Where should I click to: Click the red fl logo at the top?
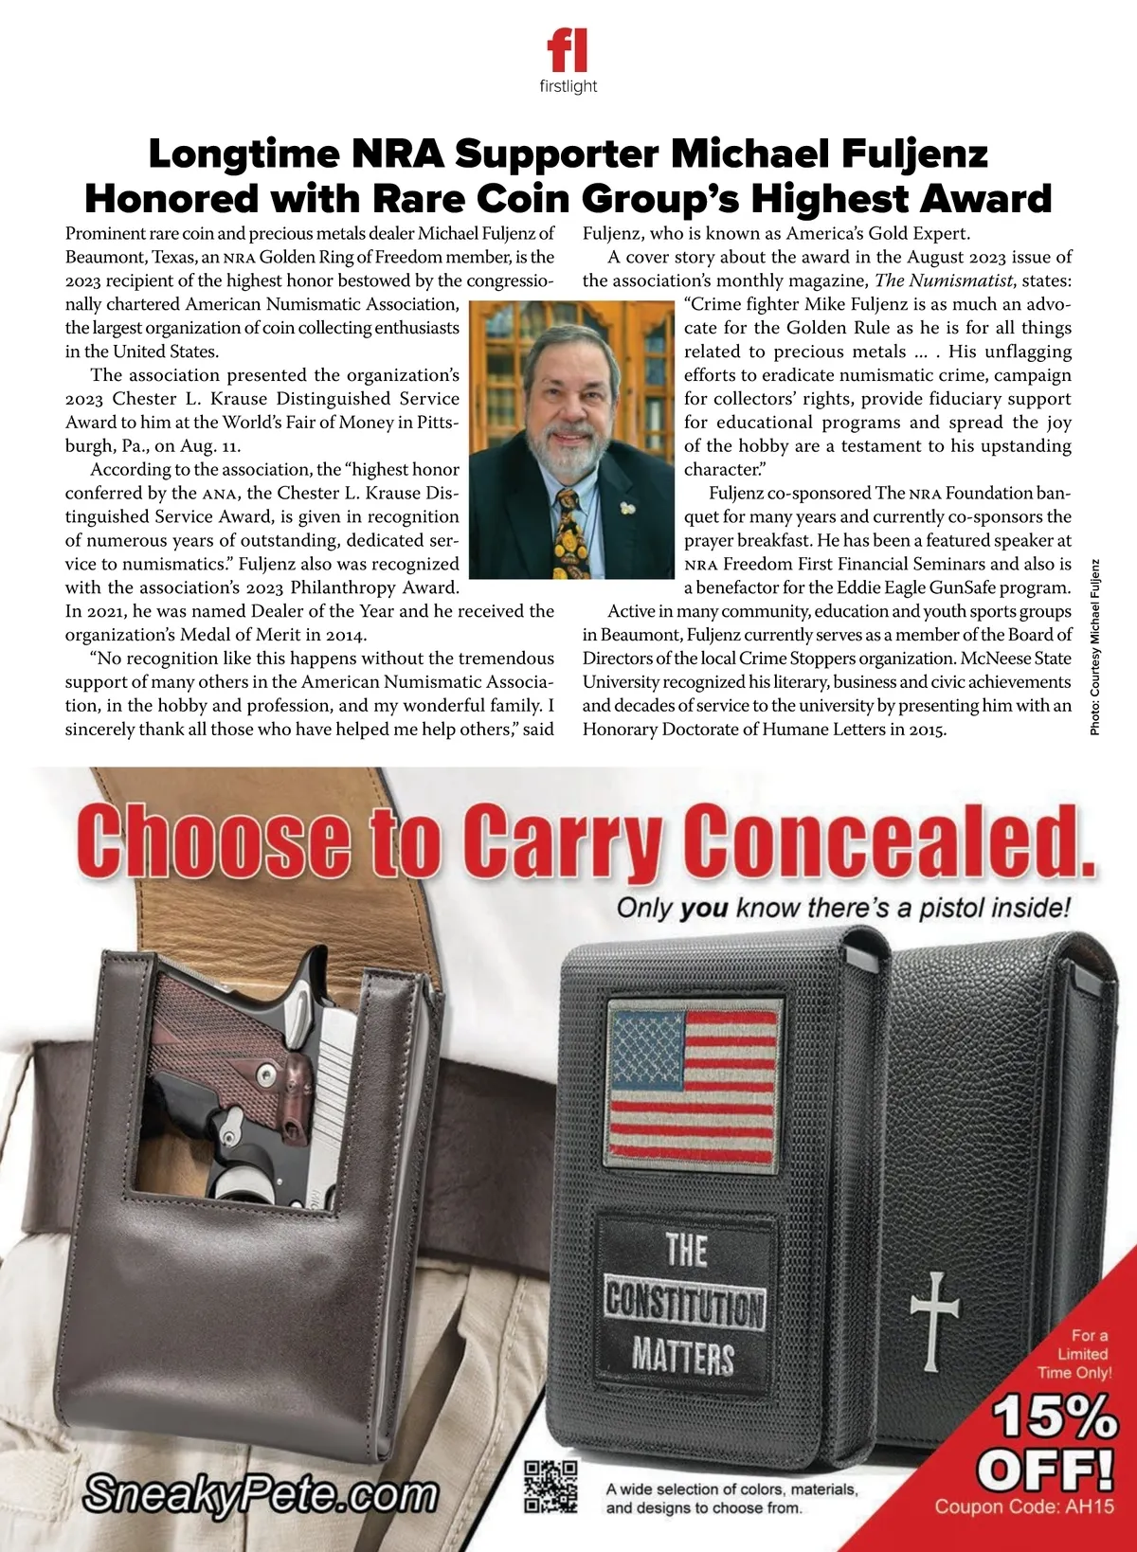coord(567,49)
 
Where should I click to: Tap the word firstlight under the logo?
coord(568,86)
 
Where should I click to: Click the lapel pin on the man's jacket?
coord(625,508)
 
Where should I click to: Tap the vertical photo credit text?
coord(1095,646)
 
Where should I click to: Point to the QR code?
coord(551,1486)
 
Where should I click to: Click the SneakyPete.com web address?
coord(261,1495)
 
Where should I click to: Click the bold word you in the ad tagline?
coord(704,908)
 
